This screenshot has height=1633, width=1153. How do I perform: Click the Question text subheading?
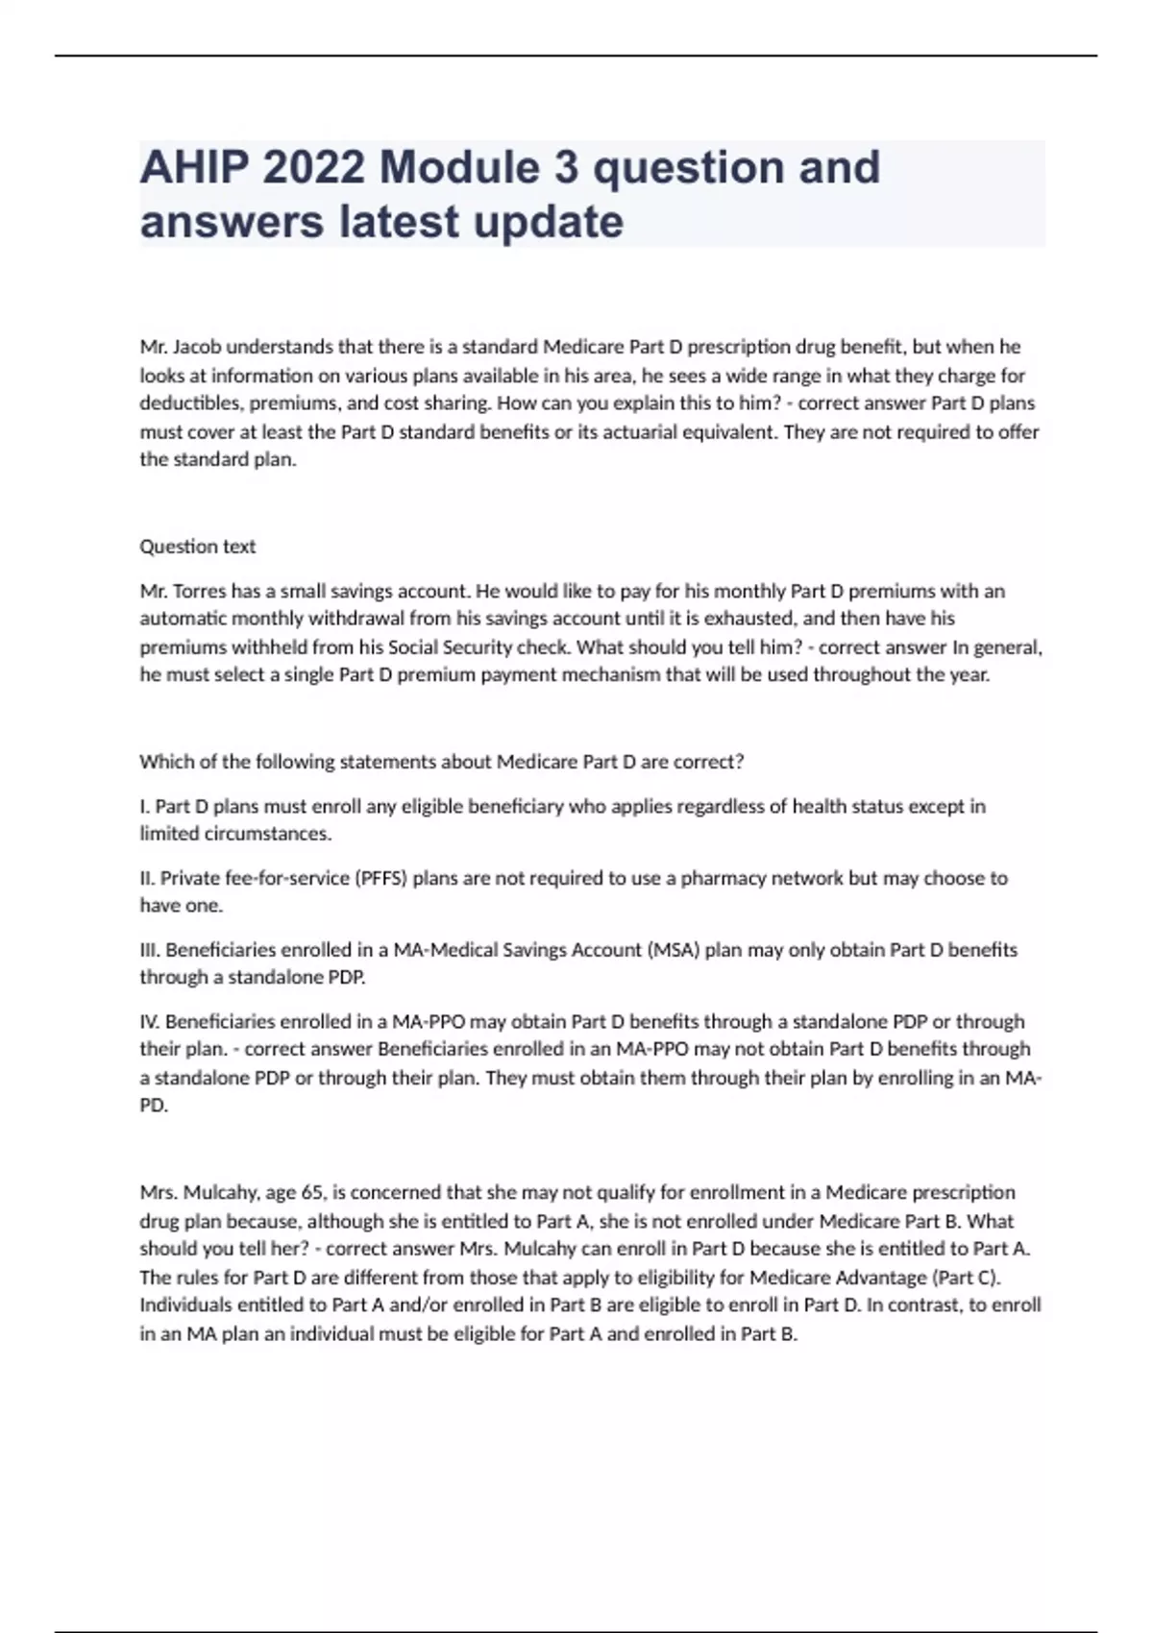198,547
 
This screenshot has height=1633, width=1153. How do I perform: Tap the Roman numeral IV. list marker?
150,1021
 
